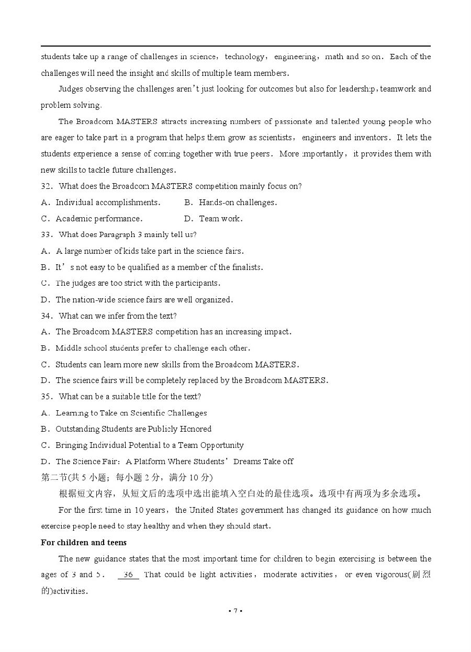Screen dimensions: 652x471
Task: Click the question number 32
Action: pos(46,186)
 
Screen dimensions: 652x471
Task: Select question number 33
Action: pos(46,235)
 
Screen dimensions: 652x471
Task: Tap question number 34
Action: pos(46,316)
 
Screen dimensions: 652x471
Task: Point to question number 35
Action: pos(46,397)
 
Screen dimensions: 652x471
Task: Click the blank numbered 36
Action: pos(128,575)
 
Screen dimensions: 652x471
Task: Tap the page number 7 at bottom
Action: pos(235,611)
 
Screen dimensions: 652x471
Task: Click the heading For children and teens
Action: pos(84,543)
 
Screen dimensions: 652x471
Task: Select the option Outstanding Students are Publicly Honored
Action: pos(133,429)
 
